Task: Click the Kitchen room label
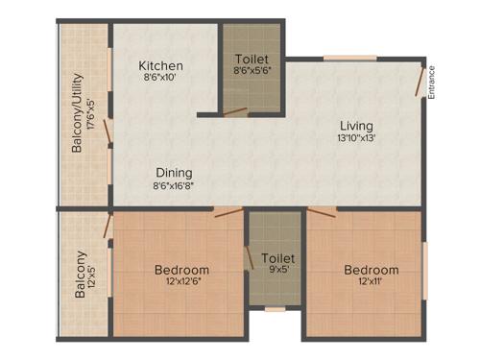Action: pyautogui.click(x=161, y=66)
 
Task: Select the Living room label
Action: pyautogui.click(x=356, y=126)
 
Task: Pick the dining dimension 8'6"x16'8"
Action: pyautogui.click(x=176, y=185)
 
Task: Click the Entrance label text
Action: pyautogui.click(x=431, y=82)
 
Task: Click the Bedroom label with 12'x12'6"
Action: pyautogui.click(x=181, y=270)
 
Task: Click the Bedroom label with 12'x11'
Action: pyautogui.click(x=371, y=270)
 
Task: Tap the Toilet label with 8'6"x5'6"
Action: pyautogui.click(x=251, y=59)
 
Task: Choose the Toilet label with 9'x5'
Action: pyautogui.click(x=277, y=258)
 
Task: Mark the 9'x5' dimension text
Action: pyautogui.click(x=277, y=272)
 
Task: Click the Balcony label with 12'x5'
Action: pyautogui.click(x=81, y=275)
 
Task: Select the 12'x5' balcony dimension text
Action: pyautogui.click(x=93, y=275)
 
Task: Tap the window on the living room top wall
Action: pyautogui.click(x=349, y=60)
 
